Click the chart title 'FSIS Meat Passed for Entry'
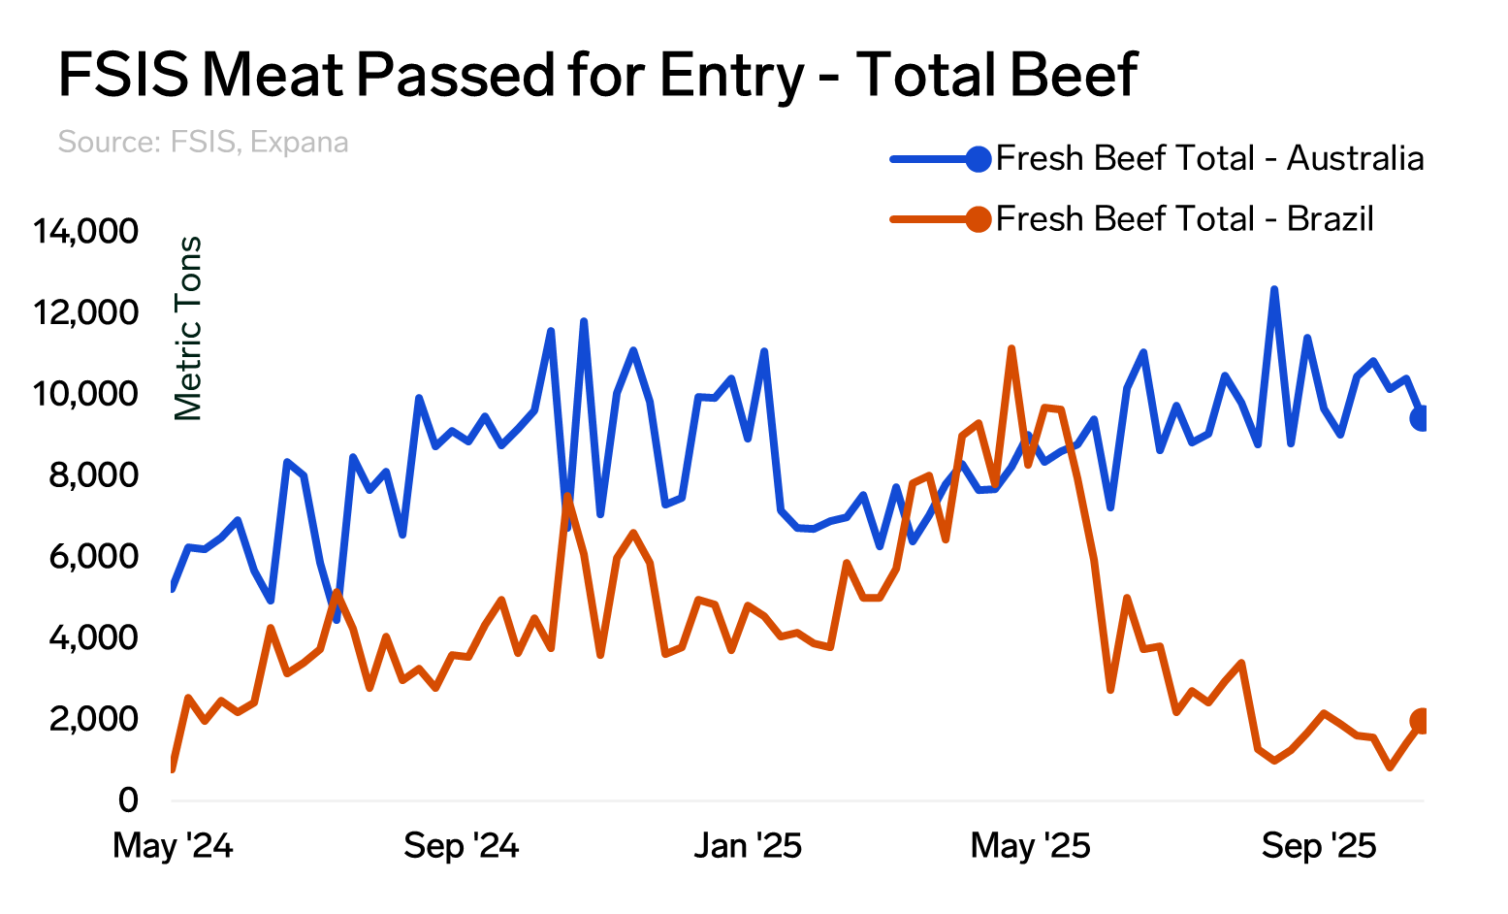pos(596,75)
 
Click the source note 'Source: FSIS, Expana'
pos(203,143)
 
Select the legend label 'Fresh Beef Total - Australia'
pos(1209,158)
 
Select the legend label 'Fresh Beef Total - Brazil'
pos(1184,219)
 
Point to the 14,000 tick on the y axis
pos(85,232)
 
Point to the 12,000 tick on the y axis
pos(85,313)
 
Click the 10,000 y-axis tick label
pos(85,394)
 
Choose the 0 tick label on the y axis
pos(128,800)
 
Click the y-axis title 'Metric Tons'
pos(188,328)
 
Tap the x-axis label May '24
pos(173,846)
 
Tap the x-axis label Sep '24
pos(462,846)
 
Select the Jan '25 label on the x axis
pos(748,846)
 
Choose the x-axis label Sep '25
pos(1319,846)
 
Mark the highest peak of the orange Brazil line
pos(1011,348)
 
